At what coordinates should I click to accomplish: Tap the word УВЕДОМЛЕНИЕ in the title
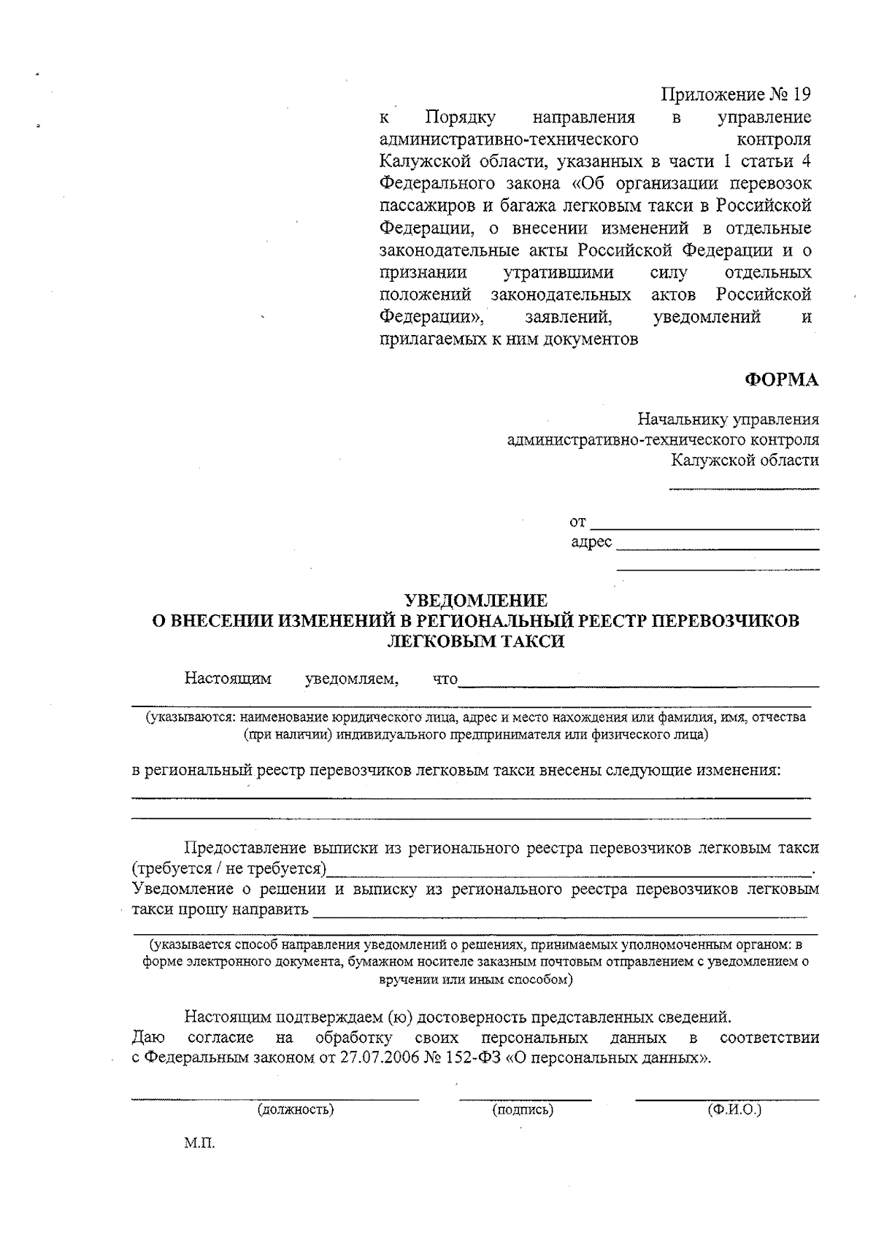pos(476,601)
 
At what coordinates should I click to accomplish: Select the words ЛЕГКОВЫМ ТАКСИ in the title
pos(475,641)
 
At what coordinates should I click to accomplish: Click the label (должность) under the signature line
pos(295,1110)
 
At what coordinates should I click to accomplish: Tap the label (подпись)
pos(523,1110)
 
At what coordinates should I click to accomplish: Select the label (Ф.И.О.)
pos(734,1110)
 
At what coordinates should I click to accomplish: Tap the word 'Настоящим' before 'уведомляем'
pos(228,679)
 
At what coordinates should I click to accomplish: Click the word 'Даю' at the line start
pos(148,1038)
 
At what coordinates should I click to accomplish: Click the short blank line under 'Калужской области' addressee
pos(744,488)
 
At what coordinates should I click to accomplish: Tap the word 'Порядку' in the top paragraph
pos(460,117)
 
